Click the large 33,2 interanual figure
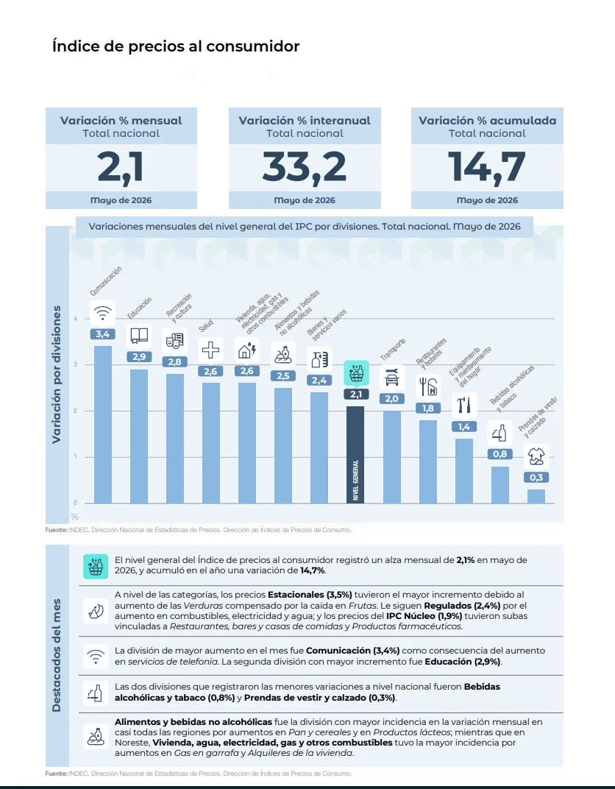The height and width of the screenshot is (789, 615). [x=305, y=166]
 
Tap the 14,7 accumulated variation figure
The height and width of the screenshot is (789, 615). [x=487, y=166]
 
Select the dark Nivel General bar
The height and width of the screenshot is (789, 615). [x=355, y=454]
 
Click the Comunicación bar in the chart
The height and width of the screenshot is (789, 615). [x=102, y=424]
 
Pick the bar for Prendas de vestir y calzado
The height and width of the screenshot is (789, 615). [x=536, y=496]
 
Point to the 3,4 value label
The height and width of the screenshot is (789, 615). [x=102, y=334]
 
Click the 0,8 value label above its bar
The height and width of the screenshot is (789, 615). [x=500, y=454]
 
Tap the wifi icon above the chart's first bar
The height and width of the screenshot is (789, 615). [x=102, y=313]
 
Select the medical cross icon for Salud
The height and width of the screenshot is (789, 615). [x=210, y=350]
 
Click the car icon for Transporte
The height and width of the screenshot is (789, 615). [x=391, y=378]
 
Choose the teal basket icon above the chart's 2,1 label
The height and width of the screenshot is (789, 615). [x=356, y=373]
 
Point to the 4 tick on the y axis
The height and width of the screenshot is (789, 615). [x=76, y=319]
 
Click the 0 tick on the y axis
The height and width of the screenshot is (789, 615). [x=76, y=503]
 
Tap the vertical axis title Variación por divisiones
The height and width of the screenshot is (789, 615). [x=57, y=375]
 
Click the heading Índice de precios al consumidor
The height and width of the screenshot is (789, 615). [x=176, y=46]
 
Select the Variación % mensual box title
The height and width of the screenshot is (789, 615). [x=121, y=121]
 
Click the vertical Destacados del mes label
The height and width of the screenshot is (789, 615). [x=57, y=655]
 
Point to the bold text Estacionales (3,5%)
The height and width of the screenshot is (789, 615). [x=310, y=595]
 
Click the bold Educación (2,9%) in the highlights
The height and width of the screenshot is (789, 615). [x=463, y=662]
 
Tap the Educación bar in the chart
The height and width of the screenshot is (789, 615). [x=139, y=436]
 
